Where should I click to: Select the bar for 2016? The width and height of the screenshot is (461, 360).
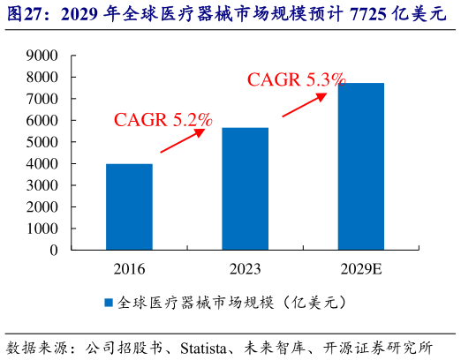[x=129, y=206]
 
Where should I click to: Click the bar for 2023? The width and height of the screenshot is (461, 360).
[x=245, y=189]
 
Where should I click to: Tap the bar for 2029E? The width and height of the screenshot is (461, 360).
[x=360, y=166]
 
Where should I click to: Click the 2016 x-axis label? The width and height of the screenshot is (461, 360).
[x=129, y=267]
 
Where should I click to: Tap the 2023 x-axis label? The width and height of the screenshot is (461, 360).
[x=245, y=267]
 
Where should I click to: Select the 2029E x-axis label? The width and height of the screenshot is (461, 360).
[x=360, y=267]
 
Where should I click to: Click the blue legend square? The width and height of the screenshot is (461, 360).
[x=109, y=302]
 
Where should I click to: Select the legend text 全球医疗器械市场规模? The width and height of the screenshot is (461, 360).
[x=185, y=302]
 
